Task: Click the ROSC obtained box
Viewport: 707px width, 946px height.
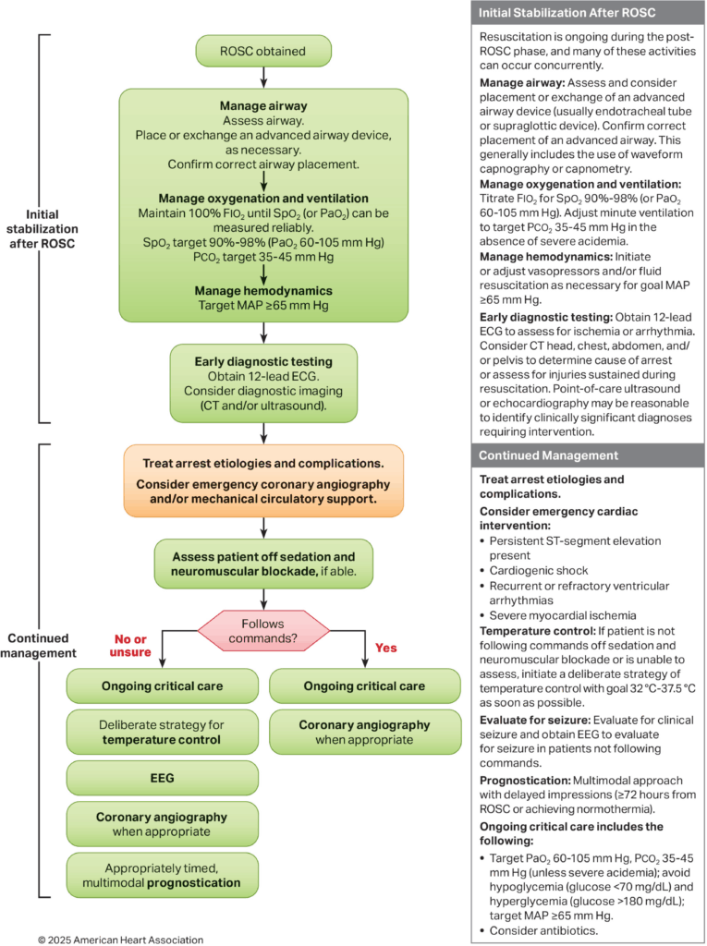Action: point(263,50)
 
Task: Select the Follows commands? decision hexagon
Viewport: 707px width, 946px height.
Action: point(263,630)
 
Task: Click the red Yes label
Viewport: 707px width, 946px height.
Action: point(387,648)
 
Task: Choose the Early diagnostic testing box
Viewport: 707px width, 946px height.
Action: point(263,382)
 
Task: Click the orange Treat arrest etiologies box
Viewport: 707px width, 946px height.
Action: point(263,479)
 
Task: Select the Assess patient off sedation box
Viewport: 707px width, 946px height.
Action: point(263,564)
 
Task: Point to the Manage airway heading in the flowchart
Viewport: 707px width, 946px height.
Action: point(263,105)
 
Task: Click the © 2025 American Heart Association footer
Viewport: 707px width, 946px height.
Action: point(120,939)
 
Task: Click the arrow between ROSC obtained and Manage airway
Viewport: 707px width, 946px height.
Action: point(263,77)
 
